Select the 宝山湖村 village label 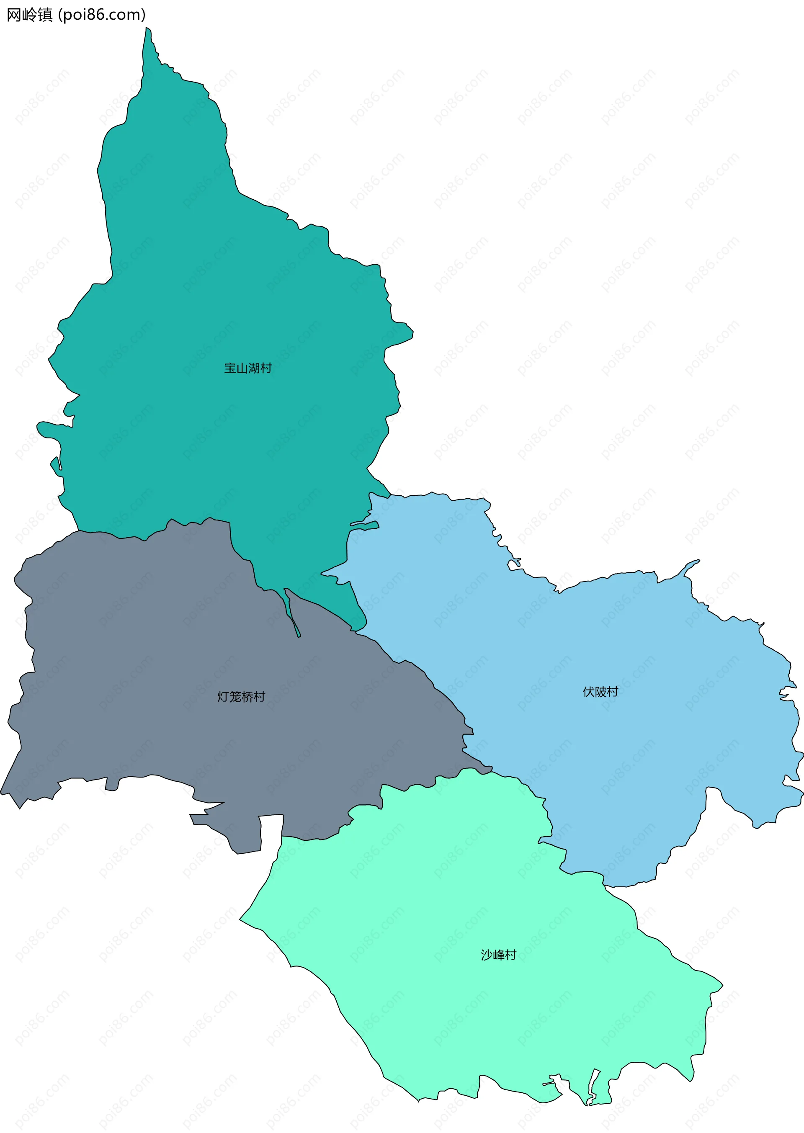coord(247,368)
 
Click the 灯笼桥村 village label coord(241,697)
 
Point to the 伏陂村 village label coord(600,692)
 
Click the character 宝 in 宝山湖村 coord(230,368)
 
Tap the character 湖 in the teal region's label coord(254,368)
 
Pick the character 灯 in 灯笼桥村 coord(223,697)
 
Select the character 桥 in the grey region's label coord(247,697)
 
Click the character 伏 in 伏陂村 coord(588,692)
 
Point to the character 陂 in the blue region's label coord(600,692)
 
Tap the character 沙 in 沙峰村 coord(486,955)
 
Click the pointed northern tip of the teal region coord(147,31)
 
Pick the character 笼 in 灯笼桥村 coord(235,697)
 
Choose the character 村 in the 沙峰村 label coord(510,955)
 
